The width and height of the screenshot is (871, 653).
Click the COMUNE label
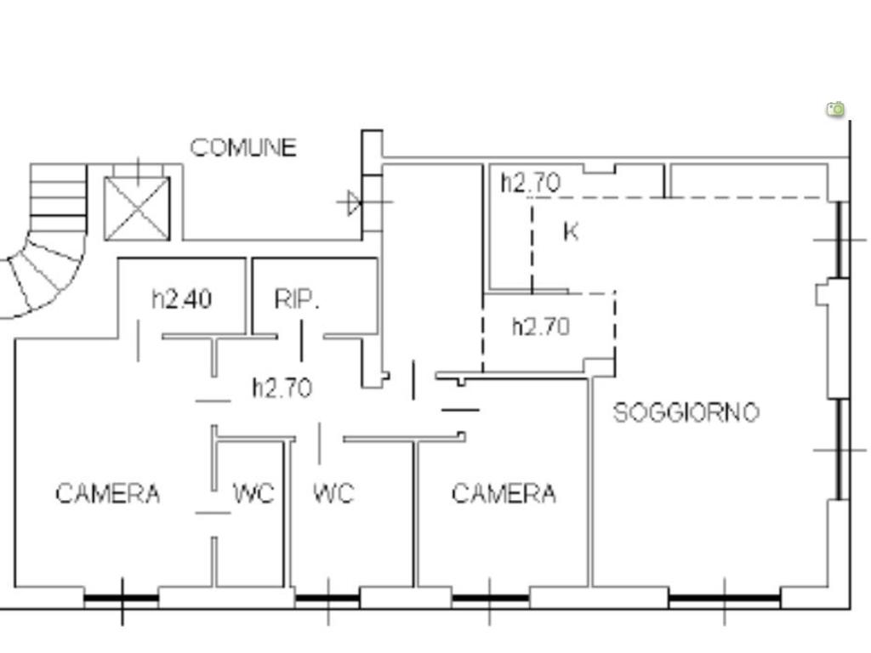243,148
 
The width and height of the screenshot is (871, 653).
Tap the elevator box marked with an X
137,208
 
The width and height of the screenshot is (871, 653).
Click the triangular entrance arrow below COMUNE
354,202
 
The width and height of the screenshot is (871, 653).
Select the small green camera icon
835,109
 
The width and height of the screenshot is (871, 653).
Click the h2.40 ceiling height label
182,299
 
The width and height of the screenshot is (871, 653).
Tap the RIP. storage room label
297,300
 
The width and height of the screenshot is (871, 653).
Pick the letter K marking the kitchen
571,231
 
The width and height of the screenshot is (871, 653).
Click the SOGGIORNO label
686,412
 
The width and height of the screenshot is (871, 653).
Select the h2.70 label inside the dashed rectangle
541,327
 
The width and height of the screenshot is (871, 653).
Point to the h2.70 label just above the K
531,183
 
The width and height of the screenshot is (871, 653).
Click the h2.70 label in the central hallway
282,388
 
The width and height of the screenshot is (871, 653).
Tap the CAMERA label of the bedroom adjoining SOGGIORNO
504,494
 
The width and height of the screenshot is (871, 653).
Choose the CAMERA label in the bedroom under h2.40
108,494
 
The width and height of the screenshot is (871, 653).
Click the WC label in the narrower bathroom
253,493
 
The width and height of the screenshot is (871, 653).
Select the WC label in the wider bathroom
333,493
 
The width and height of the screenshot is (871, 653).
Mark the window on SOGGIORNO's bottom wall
725,599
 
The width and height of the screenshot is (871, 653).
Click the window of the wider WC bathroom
327,599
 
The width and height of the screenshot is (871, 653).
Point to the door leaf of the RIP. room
302,340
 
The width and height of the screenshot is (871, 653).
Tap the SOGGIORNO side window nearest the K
843,240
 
